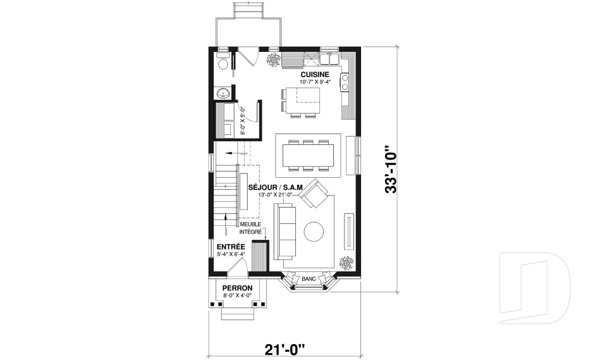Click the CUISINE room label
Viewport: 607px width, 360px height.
pyautogui.click(x=314, y=75)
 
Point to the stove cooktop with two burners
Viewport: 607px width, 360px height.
pyautogui.click(x=346, y=82)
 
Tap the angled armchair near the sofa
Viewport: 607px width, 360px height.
pyautogui.click(x=313, y=196)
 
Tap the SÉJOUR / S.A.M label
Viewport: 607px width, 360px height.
pyautogui.click(x=276, y=187)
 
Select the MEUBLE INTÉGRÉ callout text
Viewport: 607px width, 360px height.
pyautogui.click(x=250, y=228)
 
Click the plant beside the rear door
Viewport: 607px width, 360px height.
pyautogui.click(x=274, y=60)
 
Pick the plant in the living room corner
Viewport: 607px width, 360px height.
pyautogui.click(x=346, y=262)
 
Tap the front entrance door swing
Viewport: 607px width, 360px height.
pyautogui.click(x=236, y=271)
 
